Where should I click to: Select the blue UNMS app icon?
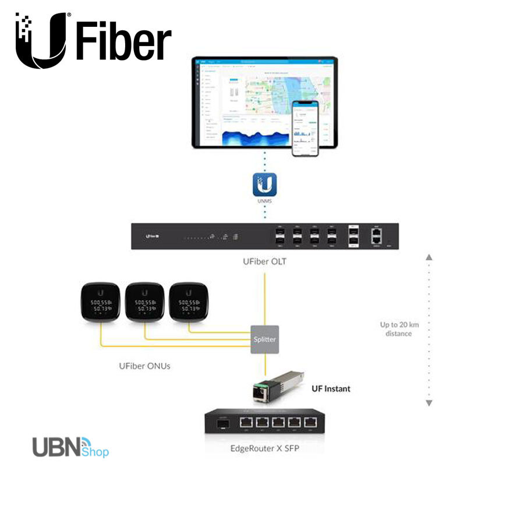pos(264,185)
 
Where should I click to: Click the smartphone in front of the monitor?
pos(305,128)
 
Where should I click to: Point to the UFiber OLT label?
pos(264,262)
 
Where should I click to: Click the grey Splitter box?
pos(264,339)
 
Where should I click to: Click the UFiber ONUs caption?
pos(144,366)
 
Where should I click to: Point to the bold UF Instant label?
pos(331,388)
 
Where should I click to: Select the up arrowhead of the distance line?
pos(429,257)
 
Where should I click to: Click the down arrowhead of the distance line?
pos(429,403)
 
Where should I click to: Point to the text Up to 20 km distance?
pos(398,329)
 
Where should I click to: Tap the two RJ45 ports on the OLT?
pos(376,236)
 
